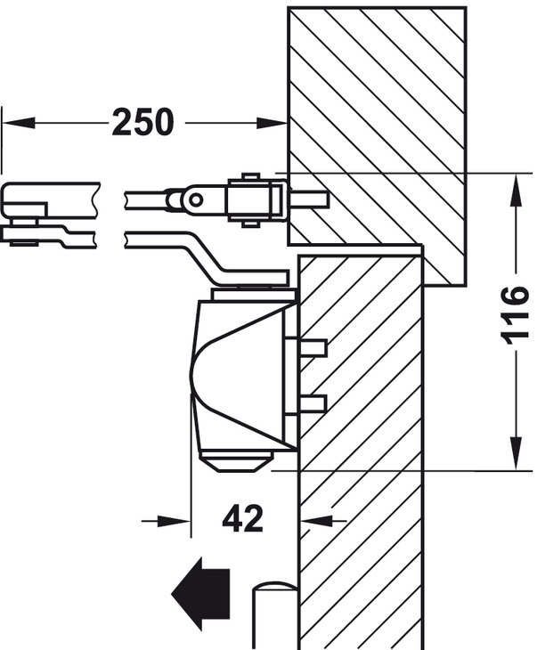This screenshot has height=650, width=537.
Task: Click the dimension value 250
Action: (142, 122)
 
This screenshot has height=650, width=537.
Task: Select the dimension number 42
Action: (242, 517)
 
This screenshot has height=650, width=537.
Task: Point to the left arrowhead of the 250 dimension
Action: (17, 122)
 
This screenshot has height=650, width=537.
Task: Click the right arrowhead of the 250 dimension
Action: (272, 122)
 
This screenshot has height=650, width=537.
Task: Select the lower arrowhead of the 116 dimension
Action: (514, 452)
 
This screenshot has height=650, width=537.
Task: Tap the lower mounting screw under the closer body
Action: (313, 405)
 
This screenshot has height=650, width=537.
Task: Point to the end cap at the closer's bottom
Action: (236, 462)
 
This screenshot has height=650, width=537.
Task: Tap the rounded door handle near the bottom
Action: (274, 614)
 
